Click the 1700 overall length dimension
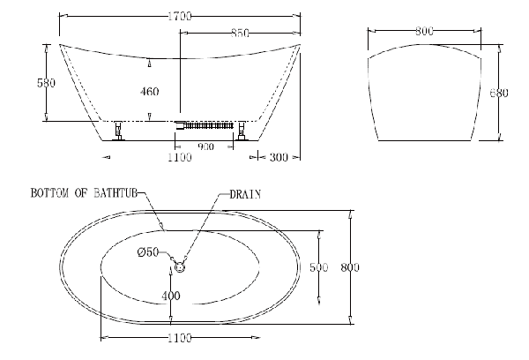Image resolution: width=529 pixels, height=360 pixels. click(x=180, y=16)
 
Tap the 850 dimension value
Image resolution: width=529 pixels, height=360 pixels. click(x=240, y=33)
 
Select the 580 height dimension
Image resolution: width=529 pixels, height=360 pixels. click(x=46, y=83)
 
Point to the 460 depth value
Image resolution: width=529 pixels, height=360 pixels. click(x=150, y=92)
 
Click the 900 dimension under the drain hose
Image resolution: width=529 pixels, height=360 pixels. click(x=205, y=146)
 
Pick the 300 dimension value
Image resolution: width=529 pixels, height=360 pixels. click(x=279, y=157)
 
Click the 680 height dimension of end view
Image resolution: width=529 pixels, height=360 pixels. click(x=499, y=93)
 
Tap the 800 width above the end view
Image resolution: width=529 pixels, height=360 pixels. click(x=424, y=32)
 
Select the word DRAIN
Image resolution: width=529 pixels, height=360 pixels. click(x=245, y=194)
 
